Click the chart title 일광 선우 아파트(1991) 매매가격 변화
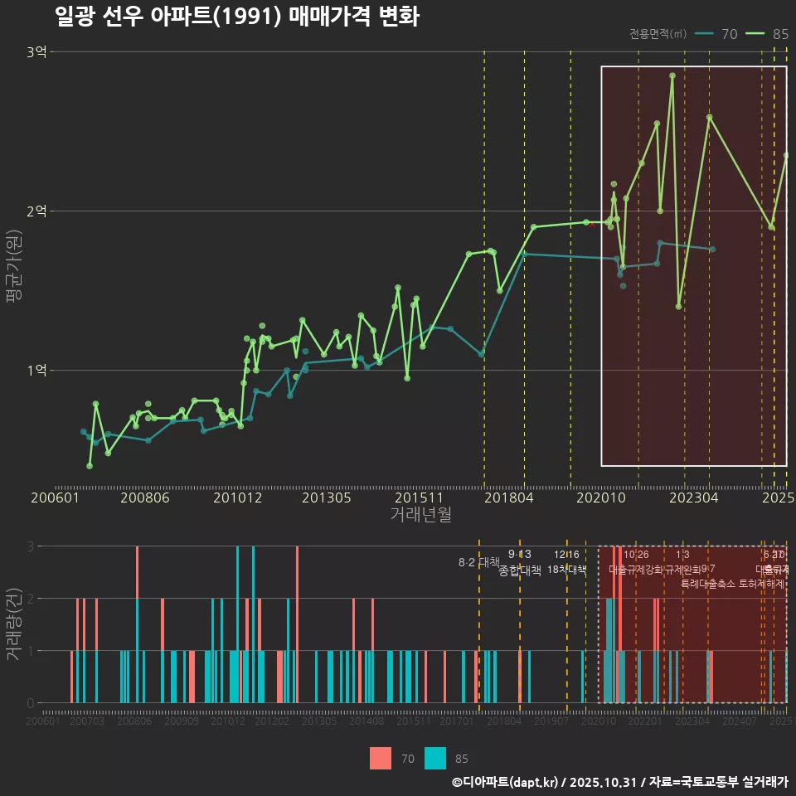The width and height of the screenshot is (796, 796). point(236,17)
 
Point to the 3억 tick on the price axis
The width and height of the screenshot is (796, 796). point(36,52)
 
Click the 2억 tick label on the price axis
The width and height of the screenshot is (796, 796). point(36,211)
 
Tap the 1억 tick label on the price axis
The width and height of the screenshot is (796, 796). point(36,371)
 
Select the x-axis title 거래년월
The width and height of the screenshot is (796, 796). point(420,514)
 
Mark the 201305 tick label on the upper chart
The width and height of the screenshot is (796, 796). point(326,498)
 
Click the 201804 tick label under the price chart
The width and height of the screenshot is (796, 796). point(508,498)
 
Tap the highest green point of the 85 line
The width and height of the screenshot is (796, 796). point(672,75)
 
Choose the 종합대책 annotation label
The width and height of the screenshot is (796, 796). point(520,570)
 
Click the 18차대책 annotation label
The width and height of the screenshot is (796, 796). point(566,570)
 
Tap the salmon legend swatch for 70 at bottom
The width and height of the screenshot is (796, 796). point(381,758)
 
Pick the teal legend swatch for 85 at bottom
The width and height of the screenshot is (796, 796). point(434,758)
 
